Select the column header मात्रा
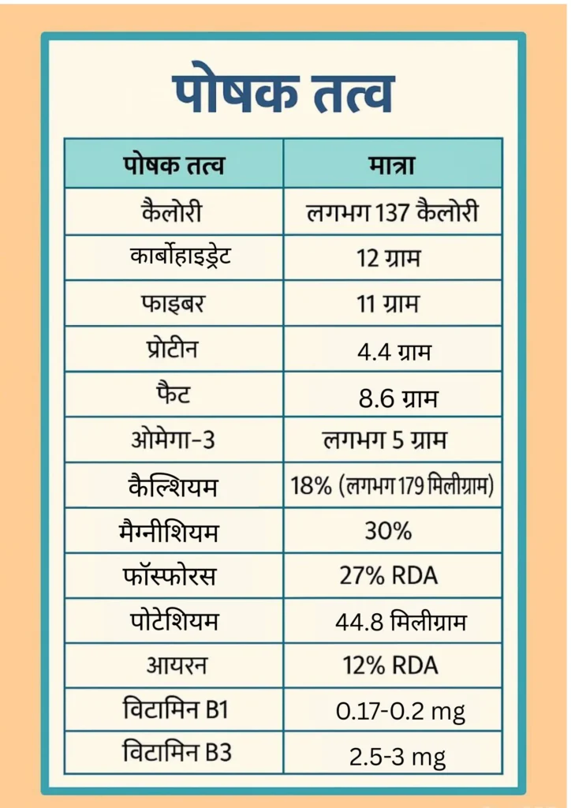click(392, 166)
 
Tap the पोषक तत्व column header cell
click(174, 166)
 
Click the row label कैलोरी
click(174, 212)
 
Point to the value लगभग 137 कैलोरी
click(392, 212)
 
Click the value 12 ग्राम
click(392, 258)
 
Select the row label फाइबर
click(174, 303)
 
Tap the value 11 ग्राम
click(392, 304)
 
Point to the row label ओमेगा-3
click(173, 440)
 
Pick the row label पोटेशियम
click(174, 621)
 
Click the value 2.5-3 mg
click(397, 757)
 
